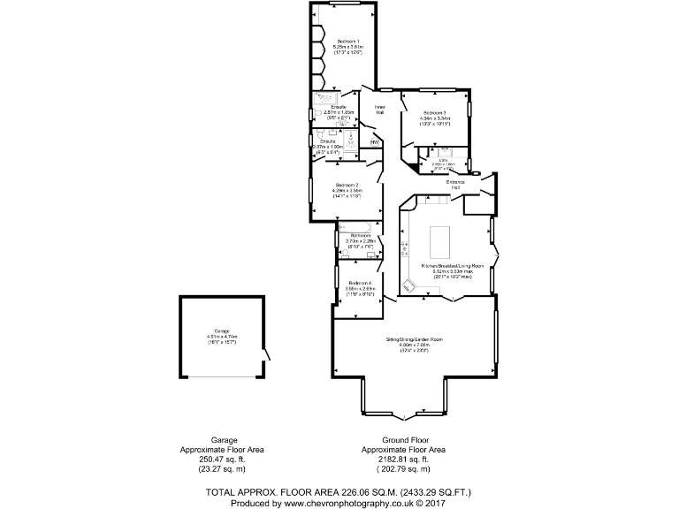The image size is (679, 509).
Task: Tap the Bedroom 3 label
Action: point(434,113)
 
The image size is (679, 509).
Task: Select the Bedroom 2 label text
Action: point(347,185)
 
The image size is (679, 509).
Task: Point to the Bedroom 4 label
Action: point(360,282)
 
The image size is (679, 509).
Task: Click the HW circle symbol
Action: point(374,141)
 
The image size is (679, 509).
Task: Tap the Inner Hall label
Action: point(379,110)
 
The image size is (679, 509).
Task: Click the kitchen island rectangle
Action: point(440,239)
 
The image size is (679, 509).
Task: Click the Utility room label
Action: point(445,160)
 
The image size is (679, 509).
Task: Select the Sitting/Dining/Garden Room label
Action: point(414,339)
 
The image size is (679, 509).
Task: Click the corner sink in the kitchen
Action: point(409,286)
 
